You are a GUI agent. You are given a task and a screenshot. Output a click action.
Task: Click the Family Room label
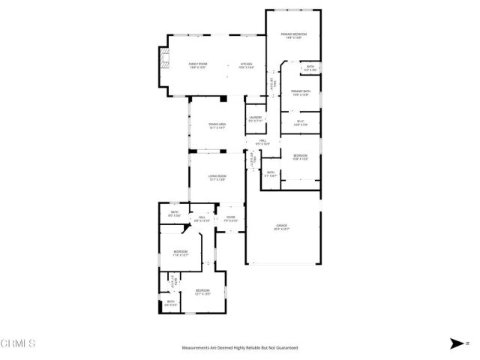(198, 65)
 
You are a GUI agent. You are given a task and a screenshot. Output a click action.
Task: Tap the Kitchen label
(247, 65)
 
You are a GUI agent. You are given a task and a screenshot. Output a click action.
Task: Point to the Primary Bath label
(301, 93)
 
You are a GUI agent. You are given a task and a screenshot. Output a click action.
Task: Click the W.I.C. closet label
(300, 122)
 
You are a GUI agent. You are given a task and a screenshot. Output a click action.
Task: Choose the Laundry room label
(255, 118)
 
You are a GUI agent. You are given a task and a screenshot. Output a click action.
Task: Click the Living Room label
(217, 178)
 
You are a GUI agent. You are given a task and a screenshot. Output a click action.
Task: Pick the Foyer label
(231, 220)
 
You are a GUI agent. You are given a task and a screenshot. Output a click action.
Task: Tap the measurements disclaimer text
(240, 348)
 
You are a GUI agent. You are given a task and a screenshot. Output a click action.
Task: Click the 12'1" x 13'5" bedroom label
(202, 292)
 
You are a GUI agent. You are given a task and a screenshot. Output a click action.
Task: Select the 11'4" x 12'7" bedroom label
(181, 253)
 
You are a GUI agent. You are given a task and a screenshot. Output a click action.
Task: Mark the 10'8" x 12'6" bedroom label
(300, 157)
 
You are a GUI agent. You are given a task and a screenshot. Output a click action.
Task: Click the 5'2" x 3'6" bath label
(310, 68)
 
